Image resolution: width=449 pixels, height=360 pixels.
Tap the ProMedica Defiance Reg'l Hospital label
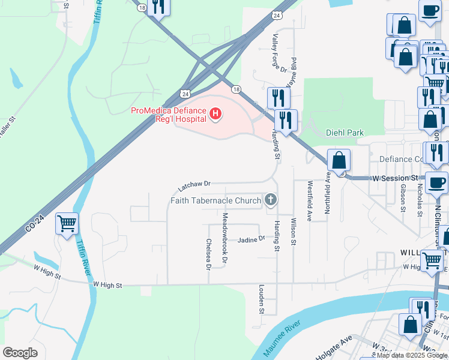169,113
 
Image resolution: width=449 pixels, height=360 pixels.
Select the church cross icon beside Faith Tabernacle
271,200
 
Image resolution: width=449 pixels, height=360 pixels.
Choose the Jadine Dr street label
251,239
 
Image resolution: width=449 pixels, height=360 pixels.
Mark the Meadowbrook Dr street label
225,238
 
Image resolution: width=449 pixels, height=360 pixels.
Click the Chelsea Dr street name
208,253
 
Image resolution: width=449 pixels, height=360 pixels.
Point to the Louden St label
262,299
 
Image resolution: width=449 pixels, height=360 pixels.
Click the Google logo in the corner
20,352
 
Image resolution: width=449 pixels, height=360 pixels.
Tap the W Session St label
394,178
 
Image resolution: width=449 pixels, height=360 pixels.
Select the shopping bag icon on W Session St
339,160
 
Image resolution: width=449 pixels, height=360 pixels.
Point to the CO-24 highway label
35,223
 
